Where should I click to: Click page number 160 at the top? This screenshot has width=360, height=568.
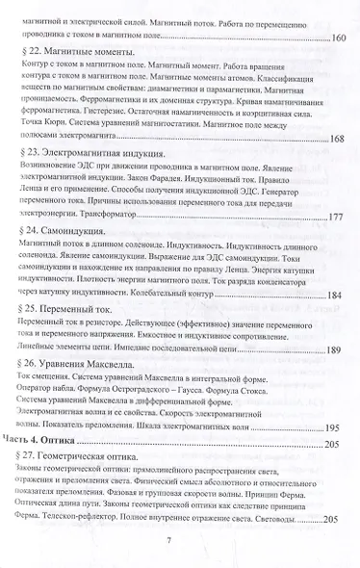(343, 37)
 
